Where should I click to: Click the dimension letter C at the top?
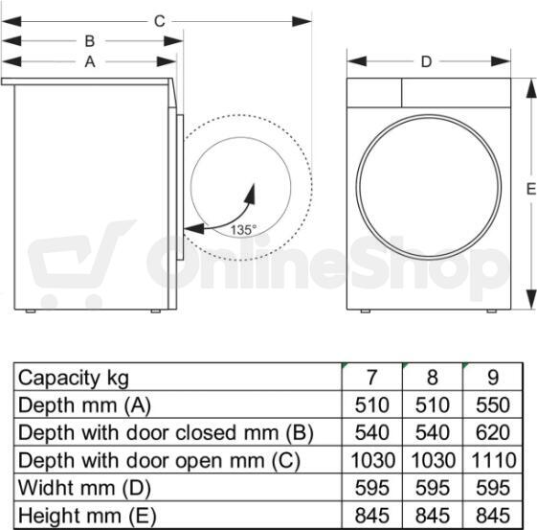pyautogui.click(x=160, y=21)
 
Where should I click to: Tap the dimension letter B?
pyautogui.click(x=90, y=41)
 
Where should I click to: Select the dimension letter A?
pyautogui.click(x=90, y=62)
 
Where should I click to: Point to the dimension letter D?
pyautogui.click(x=426, y=62)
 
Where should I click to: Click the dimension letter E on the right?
pyautogui.click(x=530, y=189)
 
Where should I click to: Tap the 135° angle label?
pyautogui.click(x=243, y=230)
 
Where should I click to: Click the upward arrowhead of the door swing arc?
pyautogui.click(x=251, y=194)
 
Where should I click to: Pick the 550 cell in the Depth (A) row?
pyautogui.click(x=493, y=404)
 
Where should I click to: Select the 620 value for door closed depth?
pyautogui.click(x=493, y=432)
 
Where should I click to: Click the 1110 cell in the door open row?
pyautogui.click(x=493, y=460)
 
